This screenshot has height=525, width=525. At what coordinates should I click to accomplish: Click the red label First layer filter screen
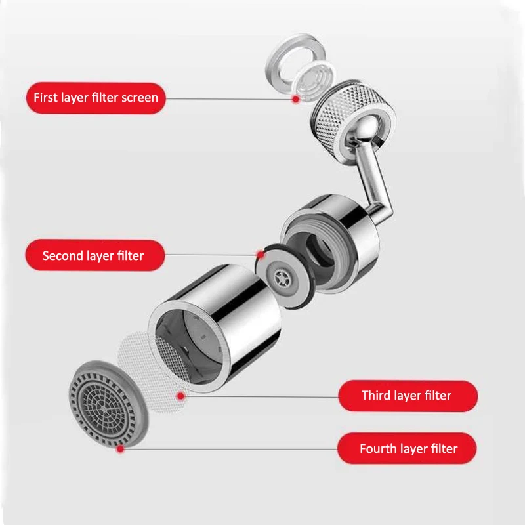pyautogui.click(x=96, y=98)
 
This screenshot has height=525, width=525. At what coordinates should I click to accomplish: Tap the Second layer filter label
pyautogui.click(x=93, y=255)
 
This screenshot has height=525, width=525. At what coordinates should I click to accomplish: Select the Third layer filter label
pyautogui.click(x=406, y=396)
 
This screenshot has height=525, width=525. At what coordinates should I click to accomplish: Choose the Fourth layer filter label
pyautogui.click(x=408, y=449)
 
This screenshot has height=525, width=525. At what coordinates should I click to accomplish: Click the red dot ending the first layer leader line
pyautogui.click(x=296, y=98)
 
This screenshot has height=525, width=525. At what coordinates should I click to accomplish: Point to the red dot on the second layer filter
pyautogui.click(x=261, y=254)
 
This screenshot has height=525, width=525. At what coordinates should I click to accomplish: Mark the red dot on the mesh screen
pyautogui.click(x=181, y=395)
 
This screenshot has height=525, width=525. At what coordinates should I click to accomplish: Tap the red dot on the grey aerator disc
pyautogui.click(x=120, y=449)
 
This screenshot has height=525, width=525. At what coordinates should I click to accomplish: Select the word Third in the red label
pyautogui.click(x=377, y=396)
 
